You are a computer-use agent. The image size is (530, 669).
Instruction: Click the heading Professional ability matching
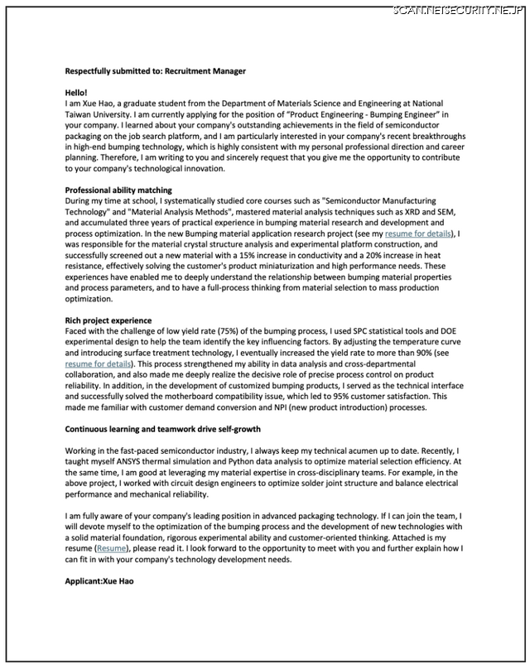coord(118,190)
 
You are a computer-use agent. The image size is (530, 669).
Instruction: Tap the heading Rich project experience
coord(108,320)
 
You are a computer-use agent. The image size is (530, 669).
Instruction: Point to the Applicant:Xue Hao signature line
coord(99,581)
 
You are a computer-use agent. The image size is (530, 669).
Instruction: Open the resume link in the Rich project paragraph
coord(98,363)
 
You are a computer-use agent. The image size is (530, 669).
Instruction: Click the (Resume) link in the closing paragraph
coord(113,548)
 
